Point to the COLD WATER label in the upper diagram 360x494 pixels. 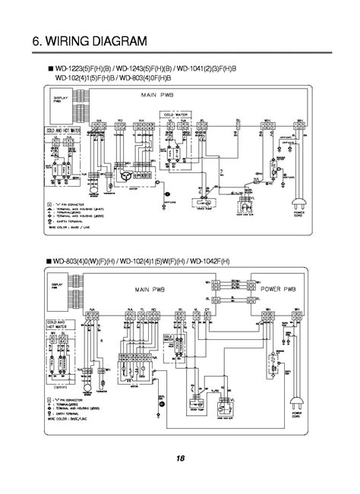point(175,114)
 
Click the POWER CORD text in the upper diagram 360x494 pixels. point(308,215)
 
